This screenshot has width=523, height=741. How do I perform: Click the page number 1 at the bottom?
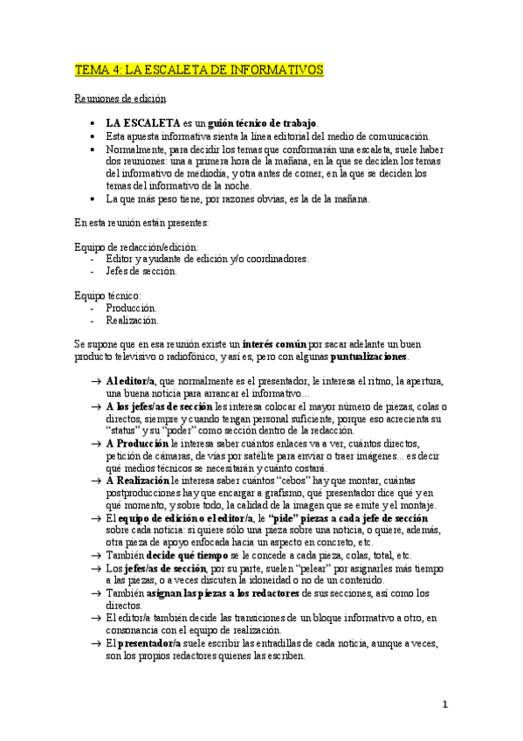pyautogui.click(x=444, y=704)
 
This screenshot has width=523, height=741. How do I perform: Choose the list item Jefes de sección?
pyautogui.click(x=141, y=271)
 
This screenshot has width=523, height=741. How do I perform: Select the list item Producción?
pyautogui.click(x=131, y=308)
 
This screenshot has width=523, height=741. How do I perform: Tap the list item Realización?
pyautogui.click(x=132, y=321)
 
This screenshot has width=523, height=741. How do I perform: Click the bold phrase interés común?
pyautogui.click(x=273, y=345)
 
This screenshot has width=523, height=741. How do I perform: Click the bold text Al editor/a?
pyautogui.click(x=129, y=382)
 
